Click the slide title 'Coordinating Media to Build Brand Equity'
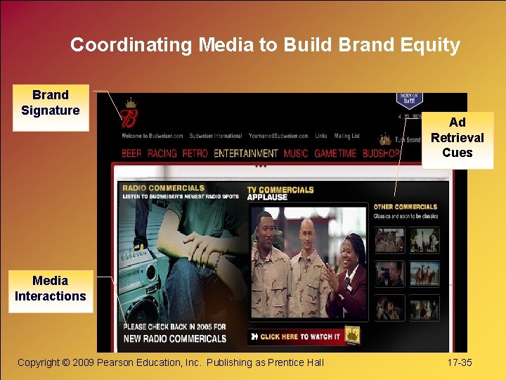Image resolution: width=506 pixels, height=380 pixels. pyautogui.click(x=265, y=46)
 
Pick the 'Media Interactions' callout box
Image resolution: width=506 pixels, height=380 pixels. pyautogui.click(x=51, y=289)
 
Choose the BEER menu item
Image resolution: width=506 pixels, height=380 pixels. pyautogui.click(x=131, y=153)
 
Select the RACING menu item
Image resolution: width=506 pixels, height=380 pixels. pyautogui.click(x=162, y=153)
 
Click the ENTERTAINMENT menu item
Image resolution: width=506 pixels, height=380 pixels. pyautogui.click(x=246, y=153)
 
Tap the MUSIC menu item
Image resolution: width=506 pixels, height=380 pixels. pyautogui.click(x=296, y=153)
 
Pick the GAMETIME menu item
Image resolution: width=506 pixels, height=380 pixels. pyautogui.click(x=335, y=153)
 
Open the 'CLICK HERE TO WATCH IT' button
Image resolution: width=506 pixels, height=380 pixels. pyautogui.click(x=300, y=337)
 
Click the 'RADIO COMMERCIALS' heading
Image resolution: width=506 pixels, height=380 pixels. pyautogui.click(x=164, y=188)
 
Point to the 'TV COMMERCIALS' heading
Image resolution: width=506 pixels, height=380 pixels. pyautogui.click(x=280, y=189)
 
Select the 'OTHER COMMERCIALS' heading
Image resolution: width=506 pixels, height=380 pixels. pyautogui.click(x=406, y=207)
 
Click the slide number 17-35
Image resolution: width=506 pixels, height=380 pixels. pyautogui.click(x=460, y=362)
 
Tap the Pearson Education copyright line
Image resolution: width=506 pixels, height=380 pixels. pyautogui.click(x=171, y=362)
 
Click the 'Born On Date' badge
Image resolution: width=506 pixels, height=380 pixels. pyautogui.click(x=410, y=100)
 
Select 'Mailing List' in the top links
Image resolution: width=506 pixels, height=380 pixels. pyautogui.click(x=346, y=136)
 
